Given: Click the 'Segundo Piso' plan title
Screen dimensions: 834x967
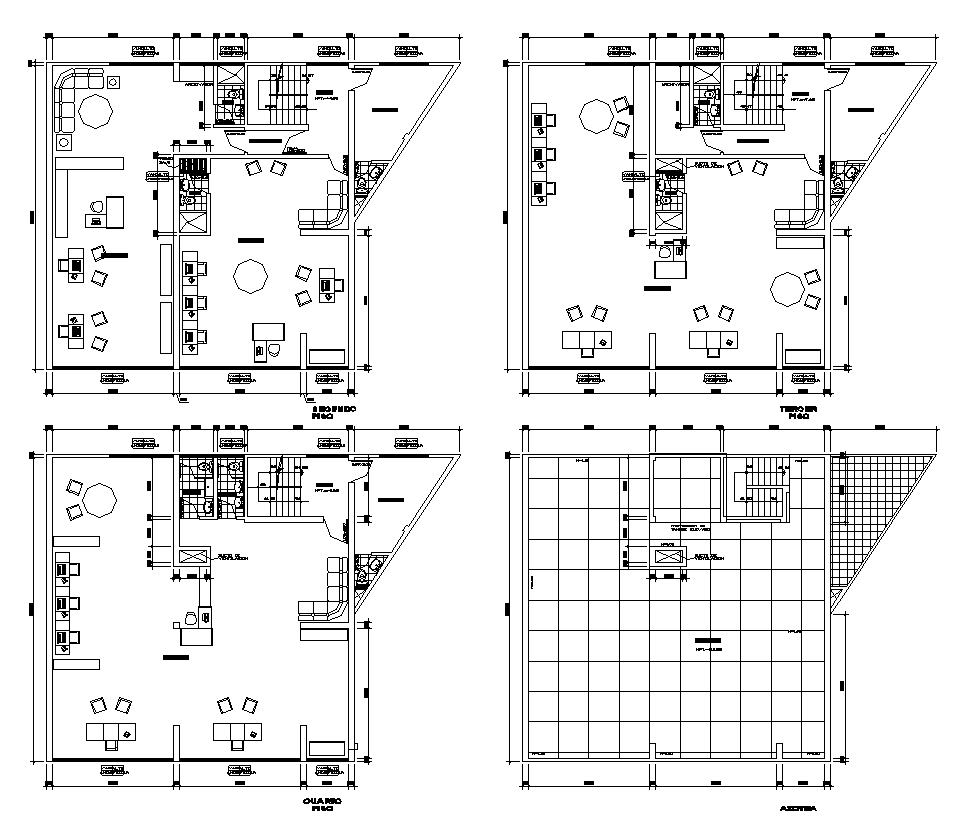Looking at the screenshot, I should (333, 414).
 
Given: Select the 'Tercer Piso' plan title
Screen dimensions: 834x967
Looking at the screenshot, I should (798, 414).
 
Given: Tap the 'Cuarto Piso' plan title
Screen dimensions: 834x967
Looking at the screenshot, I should (324, 805).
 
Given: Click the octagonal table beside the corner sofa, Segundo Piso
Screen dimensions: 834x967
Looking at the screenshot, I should (97, 111).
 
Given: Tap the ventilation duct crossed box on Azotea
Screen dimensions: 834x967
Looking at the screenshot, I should (668, 557).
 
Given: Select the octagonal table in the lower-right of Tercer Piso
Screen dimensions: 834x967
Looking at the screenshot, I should (787, 289).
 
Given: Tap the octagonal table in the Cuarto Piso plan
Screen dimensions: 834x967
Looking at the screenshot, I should (101, 499).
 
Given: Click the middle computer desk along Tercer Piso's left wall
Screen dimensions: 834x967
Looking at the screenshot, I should (543, 155).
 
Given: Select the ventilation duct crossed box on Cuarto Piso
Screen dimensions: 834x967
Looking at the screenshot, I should (192, 557).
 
